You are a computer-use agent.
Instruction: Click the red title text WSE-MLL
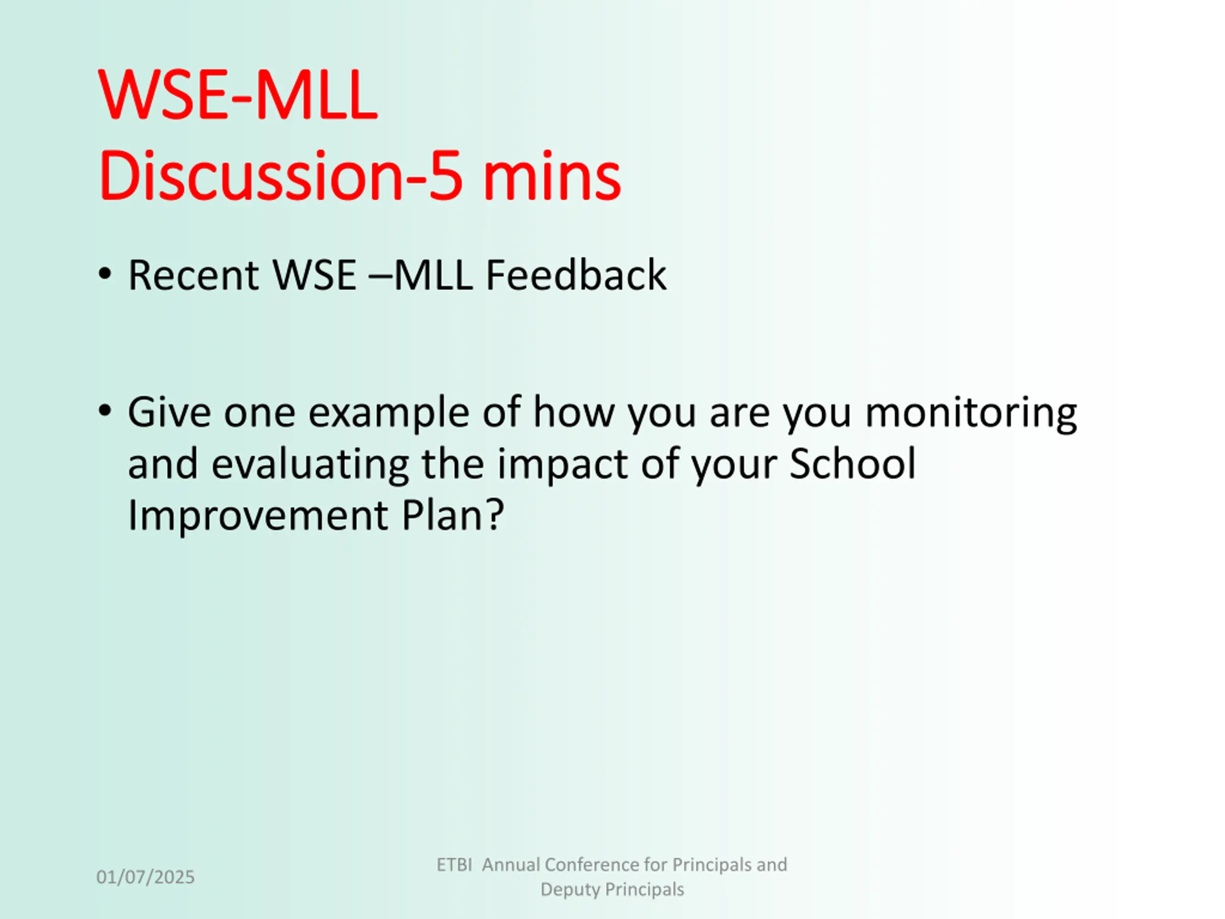coord(238,94)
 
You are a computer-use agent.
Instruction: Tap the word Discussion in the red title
coord(251,176)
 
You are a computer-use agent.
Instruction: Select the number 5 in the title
coord(446,177)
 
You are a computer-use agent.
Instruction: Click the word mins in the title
coord(552,176)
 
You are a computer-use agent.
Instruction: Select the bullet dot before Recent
coord(105,273)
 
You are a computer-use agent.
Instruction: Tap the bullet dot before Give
coord(105,411)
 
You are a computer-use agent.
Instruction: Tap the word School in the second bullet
coord(852,463)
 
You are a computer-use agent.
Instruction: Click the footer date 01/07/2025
coord(145,877)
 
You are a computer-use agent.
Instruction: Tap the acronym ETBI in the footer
coord(454,865)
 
